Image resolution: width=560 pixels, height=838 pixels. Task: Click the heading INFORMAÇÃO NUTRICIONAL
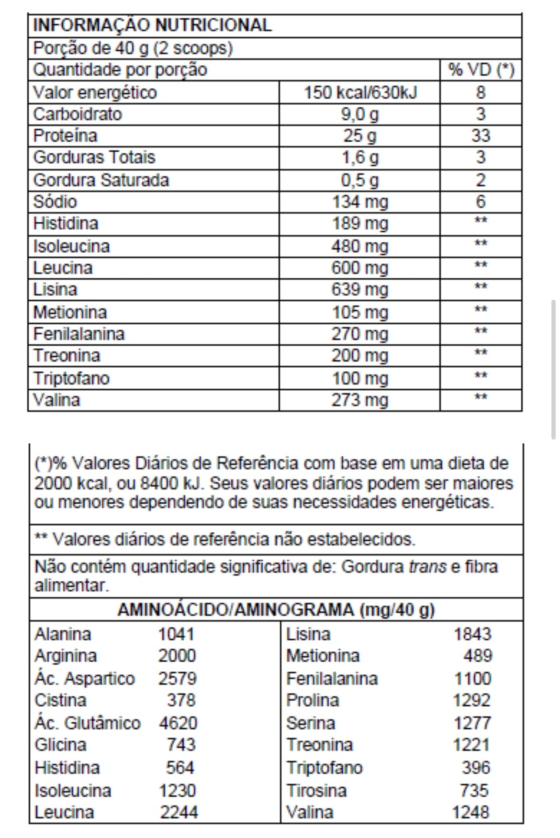pos(152,25)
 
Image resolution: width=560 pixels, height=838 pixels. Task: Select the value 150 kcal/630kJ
pos(360,92)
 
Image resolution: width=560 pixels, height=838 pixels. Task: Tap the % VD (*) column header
pos(481,70)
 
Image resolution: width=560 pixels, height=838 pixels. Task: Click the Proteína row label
pos(65,136)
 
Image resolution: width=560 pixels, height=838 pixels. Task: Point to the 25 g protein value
pos(360,136)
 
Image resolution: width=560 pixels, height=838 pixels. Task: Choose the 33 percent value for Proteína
pos(481,136)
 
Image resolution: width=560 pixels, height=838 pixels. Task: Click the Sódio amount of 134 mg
pos(360,202)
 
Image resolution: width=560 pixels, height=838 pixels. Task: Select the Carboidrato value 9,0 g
pos(360,114)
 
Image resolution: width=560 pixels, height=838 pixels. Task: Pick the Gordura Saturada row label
pos(101,181)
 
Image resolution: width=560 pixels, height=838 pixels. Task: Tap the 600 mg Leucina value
pos(360,268)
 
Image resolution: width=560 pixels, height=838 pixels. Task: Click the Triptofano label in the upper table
pos(71,379)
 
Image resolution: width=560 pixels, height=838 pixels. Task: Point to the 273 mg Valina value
pos(360,400)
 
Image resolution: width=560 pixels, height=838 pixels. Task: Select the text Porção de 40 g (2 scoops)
pos(133,48)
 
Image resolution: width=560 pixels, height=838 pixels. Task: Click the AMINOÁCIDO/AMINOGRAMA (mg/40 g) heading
pos(276,610)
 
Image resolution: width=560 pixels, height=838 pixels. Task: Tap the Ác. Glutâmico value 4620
pos(178,723)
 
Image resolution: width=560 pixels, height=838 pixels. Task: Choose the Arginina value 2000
pos(177,656)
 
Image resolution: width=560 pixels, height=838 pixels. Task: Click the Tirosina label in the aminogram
pos(316,790)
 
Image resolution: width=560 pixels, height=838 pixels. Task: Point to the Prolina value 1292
pos(472,701)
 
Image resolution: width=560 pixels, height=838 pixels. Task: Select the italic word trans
pos(427,567)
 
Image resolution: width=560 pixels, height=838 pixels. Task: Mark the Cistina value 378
pos(181,701)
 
